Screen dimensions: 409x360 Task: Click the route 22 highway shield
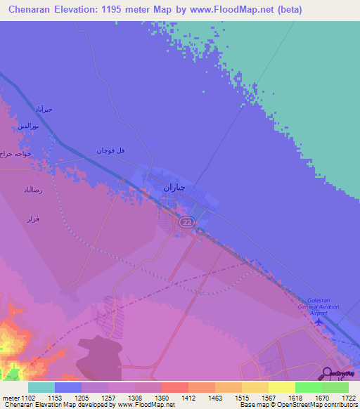[186, 222]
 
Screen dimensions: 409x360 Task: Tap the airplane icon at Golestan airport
[321, 322]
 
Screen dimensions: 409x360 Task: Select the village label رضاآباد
[33, 190]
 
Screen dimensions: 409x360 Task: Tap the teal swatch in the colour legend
[41, 387]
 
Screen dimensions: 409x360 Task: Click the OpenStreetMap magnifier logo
[327, 374]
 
